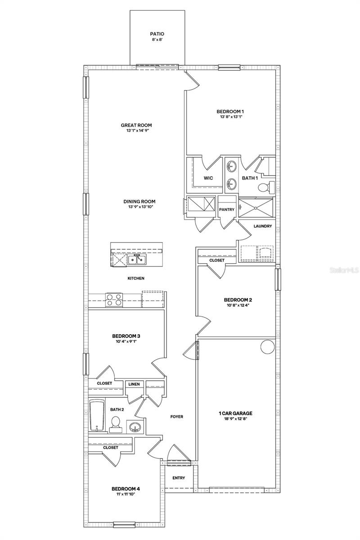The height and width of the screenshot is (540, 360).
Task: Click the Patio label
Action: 157,34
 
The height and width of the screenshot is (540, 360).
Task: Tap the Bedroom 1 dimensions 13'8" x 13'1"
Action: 230,117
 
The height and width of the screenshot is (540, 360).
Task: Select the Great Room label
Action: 136,126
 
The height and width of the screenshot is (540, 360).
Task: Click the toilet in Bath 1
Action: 270,186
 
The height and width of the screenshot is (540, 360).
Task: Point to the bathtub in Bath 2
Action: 97,415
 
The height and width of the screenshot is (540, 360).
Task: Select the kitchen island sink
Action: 135,260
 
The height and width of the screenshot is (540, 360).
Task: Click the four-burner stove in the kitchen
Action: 114,300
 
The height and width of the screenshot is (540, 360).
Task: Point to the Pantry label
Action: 226,210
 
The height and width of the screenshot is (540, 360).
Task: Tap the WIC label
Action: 208,178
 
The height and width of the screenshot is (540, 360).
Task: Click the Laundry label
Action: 263,226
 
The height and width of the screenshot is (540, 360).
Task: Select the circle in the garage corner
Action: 268,347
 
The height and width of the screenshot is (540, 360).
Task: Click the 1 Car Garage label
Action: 235,413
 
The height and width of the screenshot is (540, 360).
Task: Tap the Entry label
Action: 179,478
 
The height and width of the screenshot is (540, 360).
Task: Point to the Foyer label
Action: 176,417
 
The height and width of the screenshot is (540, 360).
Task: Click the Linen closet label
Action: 134,384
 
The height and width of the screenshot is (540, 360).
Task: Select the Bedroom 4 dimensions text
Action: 123,494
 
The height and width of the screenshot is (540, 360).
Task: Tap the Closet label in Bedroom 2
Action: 217,260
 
